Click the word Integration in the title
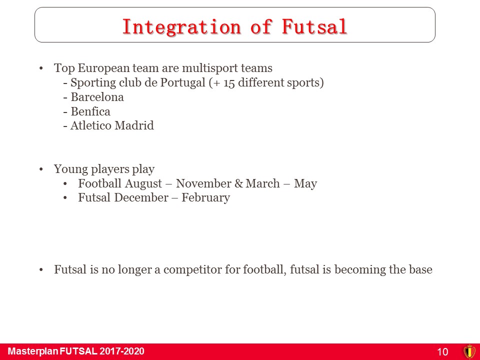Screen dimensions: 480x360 point(181,26)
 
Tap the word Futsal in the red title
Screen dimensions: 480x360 point(314,26)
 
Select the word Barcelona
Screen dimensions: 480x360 point(97,97)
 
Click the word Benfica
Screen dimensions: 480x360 point(90,111)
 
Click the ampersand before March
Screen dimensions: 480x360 point(239,183)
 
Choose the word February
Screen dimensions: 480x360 point(205,198)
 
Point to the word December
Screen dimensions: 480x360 point(141,197)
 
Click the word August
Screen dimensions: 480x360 point(143,183)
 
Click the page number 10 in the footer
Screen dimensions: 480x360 point(442,351)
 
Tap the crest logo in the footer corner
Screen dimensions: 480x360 point(469,351)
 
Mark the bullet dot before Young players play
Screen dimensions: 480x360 point(41,169)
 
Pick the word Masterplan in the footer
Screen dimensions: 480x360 point(33,351)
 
